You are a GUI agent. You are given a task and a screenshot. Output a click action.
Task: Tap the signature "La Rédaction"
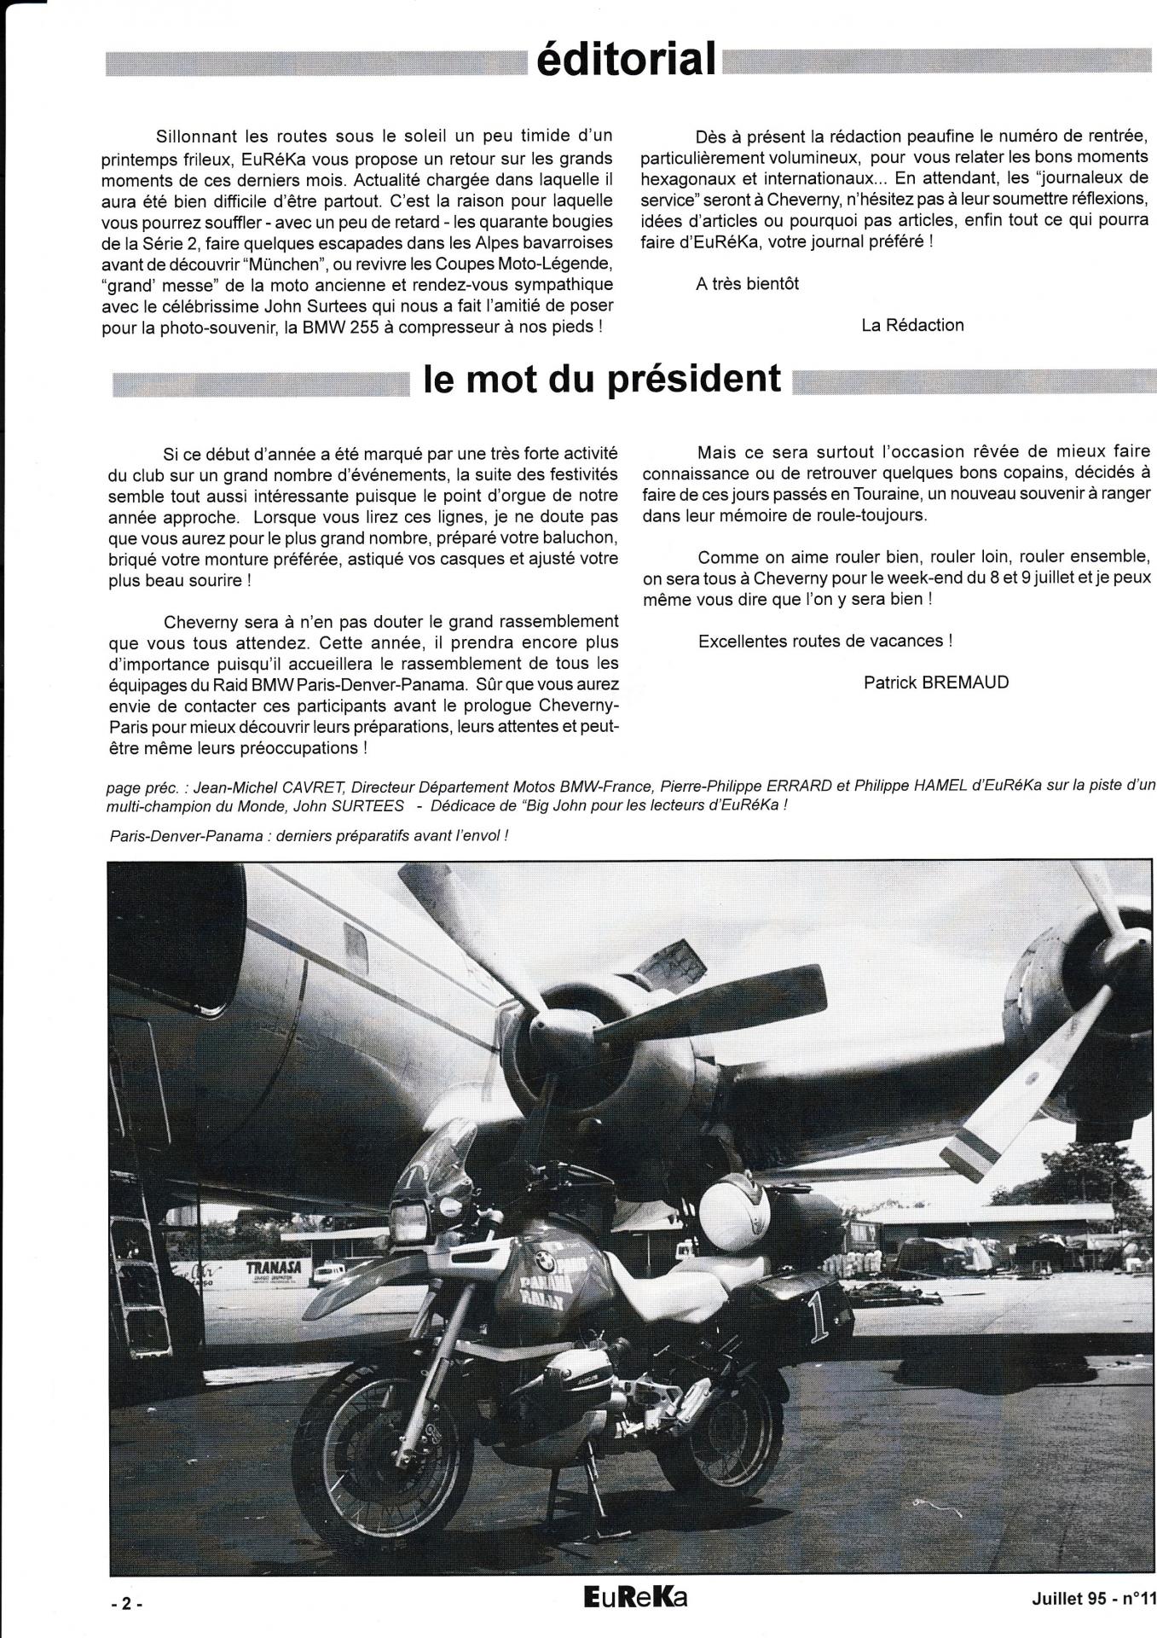tap(912, 325)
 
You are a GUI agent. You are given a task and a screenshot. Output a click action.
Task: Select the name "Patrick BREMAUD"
tap(935, 682)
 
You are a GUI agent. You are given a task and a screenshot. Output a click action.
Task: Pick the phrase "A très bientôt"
tap(747, 284)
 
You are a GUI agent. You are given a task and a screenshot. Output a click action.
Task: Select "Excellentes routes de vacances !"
tap(824, 641)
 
